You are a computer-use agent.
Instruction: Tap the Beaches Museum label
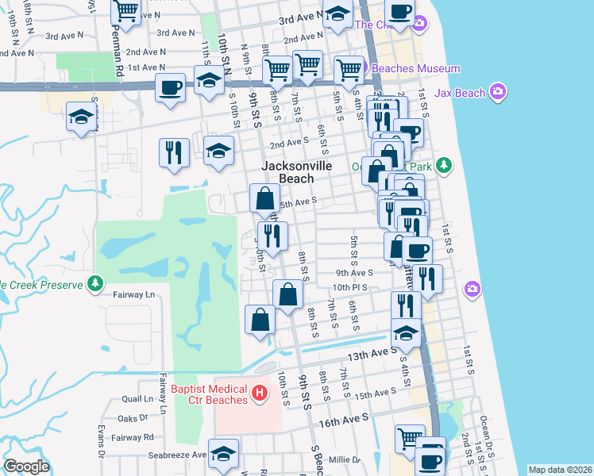(415, 69)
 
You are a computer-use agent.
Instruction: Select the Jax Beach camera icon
(498, 93)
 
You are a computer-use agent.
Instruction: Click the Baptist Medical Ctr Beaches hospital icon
(258, 393)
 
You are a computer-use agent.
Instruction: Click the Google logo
(27, 466)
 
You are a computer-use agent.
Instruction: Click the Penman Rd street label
(117, 56)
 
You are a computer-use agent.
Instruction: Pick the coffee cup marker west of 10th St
(171, 87)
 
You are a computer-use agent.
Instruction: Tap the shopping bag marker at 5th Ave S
(264, 198)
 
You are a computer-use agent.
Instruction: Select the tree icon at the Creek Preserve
(94, 283)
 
